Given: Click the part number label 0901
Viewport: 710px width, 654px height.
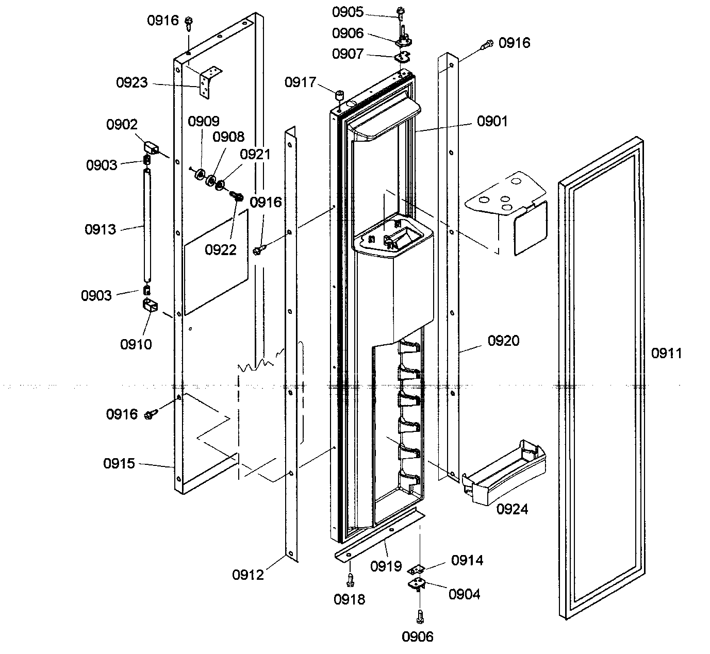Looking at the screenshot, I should (x=492, y=121).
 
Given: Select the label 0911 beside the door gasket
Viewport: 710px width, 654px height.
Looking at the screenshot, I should (x=666, y=353).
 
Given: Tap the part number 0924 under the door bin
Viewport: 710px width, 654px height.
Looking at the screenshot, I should (x=512, y=509).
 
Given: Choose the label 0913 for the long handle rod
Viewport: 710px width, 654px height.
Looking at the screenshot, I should (x=101, y=229).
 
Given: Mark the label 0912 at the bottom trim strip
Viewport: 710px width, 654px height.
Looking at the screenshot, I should (x=248, y=575).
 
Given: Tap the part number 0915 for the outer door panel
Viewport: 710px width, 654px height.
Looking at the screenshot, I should (x=119, y=463).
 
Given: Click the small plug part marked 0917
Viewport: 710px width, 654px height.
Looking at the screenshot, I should (x=340, y=95).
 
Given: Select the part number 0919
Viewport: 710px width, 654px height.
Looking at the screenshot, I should (x=386, y=566).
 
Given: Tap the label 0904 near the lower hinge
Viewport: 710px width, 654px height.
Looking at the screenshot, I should (x=464, y=594).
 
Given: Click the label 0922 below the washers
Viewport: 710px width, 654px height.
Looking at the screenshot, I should (x=220, y=249).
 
